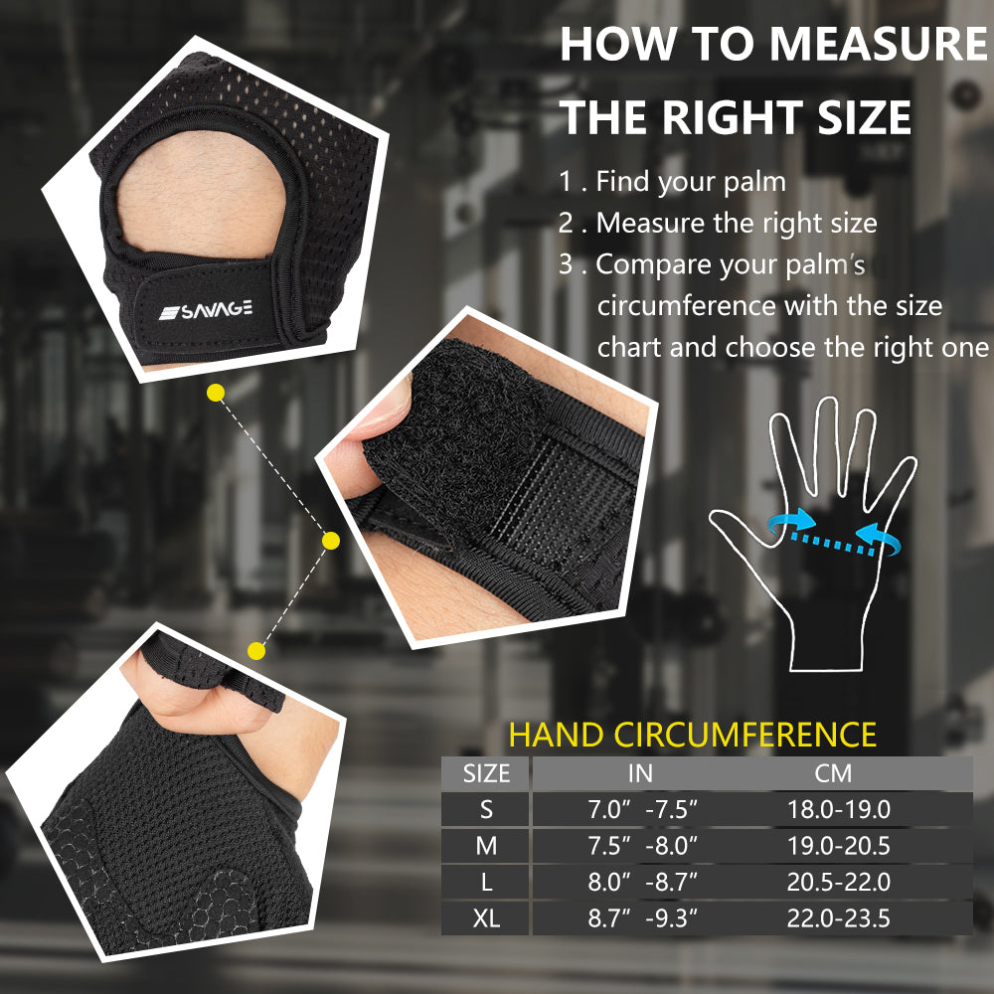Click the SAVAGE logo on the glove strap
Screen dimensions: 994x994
(206, 310)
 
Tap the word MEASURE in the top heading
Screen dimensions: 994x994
(880, 44)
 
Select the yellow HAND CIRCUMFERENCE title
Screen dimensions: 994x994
(692, 735)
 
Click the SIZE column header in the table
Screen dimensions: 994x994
(486, 774)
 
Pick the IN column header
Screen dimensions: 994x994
(640, 774)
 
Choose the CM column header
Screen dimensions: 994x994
(833, 774)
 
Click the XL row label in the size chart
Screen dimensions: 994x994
(486, 918)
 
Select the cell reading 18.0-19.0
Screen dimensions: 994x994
(839, 809)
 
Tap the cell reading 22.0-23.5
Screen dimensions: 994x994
(839, 918)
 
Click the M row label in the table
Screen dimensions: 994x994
(486, 846)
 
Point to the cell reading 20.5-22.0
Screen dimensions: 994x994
(839, 882)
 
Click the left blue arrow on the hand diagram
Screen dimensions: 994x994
(790, 523)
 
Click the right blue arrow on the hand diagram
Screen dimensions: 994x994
(879, 538)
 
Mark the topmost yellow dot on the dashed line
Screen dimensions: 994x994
(216, 393)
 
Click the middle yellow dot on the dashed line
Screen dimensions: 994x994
(331, 541)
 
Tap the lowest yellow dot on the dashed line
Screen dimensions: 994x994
(256, 650)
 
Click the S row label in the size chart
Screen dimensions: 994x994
(486, 809)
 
